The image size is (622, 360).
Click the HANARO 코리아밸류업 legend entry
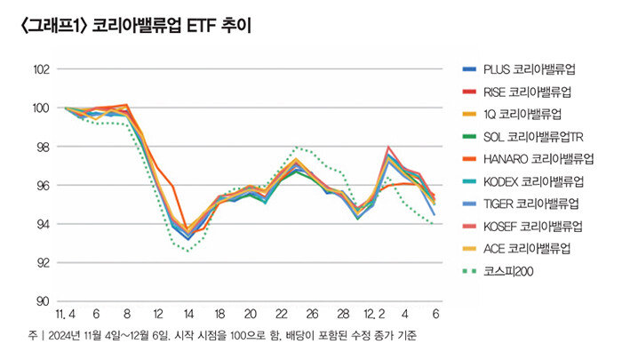point(538,159)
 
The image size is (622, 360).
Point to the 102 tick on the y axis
point(40,68)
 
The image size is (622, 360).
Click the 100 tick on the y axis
point(40,108)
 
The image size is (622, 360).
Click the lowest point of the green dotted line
point(187,251)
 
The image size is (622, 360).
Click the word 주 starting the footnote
point(30,336)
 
